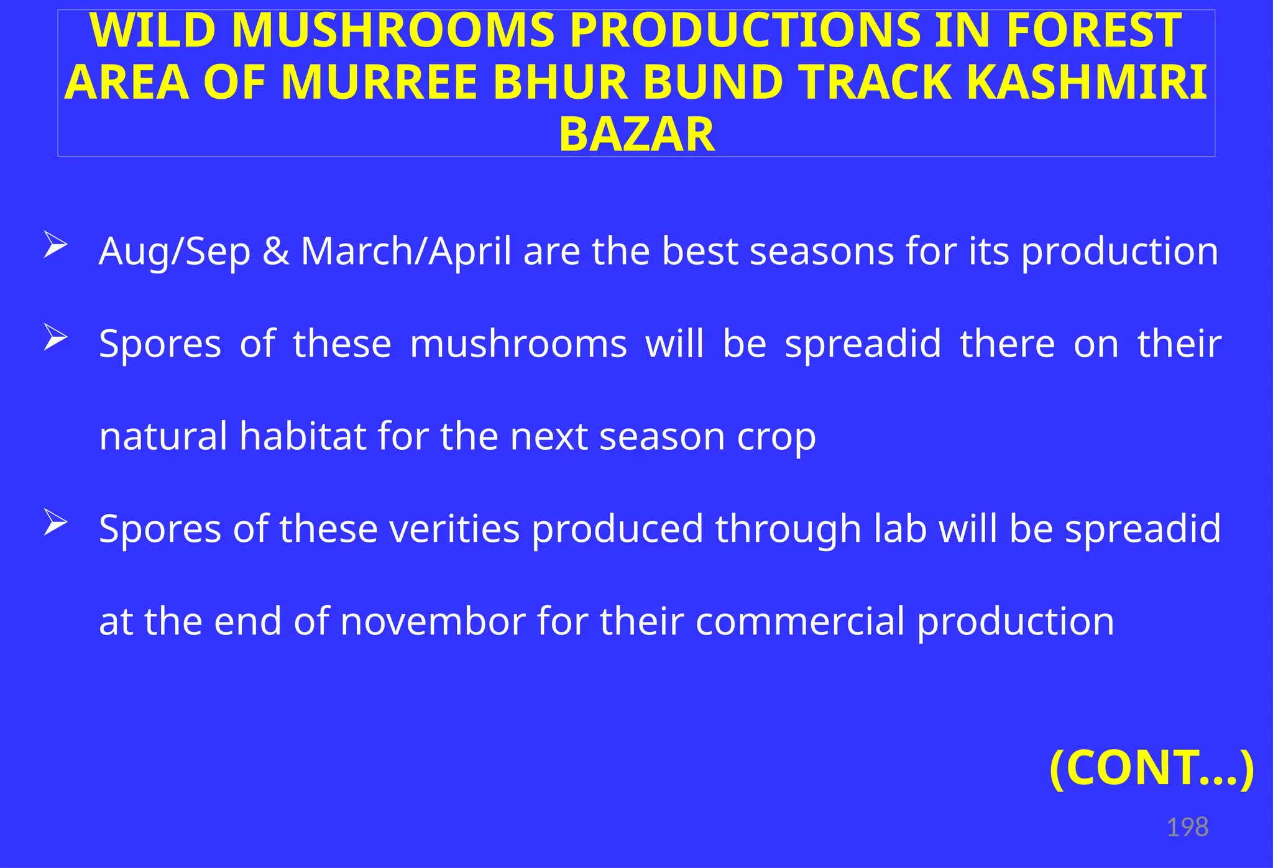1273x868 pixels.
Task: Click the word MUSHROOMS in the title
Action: [392, 31]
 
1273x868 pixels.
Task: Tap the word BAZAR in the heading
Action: [636, 135]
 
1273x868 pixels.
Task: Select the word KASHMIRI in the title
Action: [1087, 83]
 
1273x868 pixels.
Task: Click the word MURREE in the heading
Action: [379, 83]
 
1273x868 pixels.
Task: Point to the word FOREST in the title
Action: [1093, 31]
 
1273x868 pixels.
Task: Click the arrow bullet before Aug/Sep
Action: [55, 245]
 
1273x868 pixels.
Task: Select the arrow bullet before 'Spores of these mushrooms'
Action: [55, 339]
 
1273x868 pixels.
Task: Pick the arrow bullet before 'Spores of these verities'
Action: [55, 523]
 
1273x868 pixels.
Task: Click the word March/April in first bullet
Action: [406, 251]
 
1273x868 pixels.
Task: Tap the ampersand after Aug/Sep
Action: [275, 251]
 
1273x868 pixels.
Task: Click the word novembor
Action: [433, 621]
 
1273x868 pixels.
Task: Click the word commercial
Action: [799, 621]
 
